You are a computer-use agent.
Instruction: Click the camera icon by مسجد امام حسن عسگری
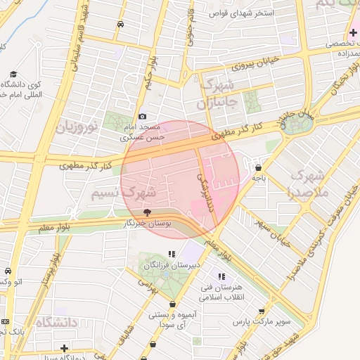click(143, 116)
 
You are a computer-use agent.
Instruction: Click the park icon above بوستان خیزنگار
click(147, 212)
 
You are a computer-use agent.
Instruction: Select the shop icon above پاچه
click(259, 168)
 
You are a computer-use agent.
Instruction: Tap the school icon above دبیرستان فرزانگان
click(172, 255)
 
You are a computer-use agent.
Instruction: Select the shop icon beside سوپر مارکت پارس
click(262, 311)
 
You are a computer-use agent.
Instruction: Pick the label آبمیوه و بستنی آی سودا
click(167, 321)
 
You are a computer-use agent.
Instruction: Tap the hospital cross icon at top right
click(353, 33)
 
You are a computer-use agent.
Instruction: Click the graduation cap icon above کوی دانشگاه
click(13, 74)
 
